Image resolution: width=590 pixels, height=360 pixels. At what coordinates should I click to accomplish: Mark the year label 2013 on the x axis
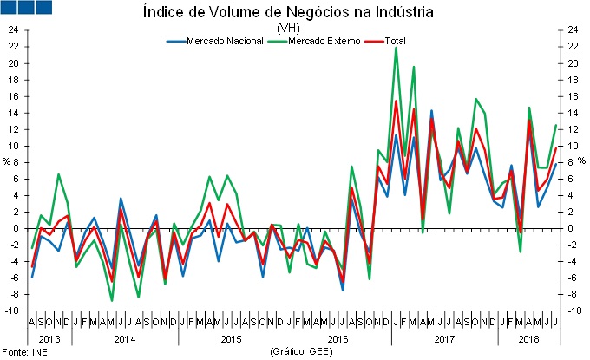click(49, 339)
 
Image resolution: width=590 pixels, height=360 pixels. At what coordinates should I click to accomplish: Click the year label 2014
click(127, 339)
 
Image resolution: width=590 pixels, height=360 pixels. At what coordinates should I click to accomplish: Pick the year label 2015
click(232, 339)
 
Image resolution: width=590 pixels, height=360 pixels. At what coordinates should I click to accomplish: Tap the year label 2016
click(337, 339)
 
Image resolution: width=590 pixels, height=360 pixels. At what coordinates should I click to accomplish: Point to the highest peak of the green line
click(396, 49)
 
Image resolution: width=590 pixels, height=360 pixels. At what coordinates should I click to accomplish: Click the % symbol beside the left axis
click(6, 161)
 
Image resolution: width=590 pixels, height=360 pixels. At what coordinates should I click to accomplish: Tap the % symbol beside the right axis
click(582, 161)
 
